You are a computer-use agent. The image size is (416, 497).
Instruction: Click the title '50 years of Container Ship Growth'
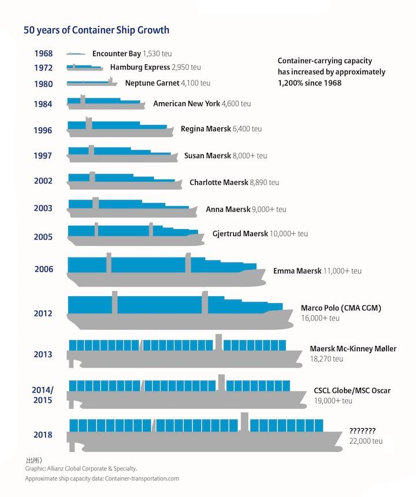96,30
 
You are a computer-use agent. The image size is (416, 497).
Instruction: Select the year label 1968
43,54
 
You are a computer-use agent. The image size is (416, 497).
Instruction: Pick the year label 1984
43,105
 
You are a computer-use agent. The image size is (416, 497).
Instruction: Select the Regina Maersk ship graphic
120,128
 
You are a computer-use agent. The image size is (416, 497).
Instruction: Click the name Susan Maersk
207,156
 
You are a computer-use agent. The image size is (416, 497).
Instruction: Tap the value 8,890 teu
264,182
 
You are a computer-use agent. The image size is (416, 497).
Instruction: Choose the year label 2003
43,208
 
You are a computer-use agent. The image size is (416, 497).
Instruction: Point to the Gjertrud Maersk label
237,234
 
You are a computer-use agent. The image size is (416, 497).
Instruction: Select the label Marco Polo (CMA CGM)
341,308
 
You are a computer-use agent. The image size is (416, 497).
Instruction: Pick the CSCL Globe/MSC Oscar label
352,391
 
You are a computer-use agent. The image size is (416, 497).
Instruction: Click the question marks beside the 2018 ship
362,431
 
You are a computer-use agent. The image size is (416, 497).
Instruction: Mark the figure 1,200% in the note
291,83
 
